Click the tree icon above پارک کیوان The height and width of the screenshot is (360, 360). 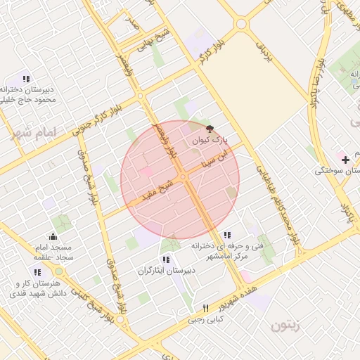[209, 129]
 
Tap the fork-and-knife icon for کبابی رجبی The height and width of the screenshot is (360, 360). [205, 308]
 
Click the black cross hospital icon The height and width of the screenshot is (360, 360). [345, 160]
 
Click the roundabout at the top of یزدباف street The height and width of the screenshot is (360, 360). [242, 23]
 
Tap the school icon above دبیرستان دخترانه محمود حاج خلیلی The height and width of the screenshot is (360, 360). [26, 79]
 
